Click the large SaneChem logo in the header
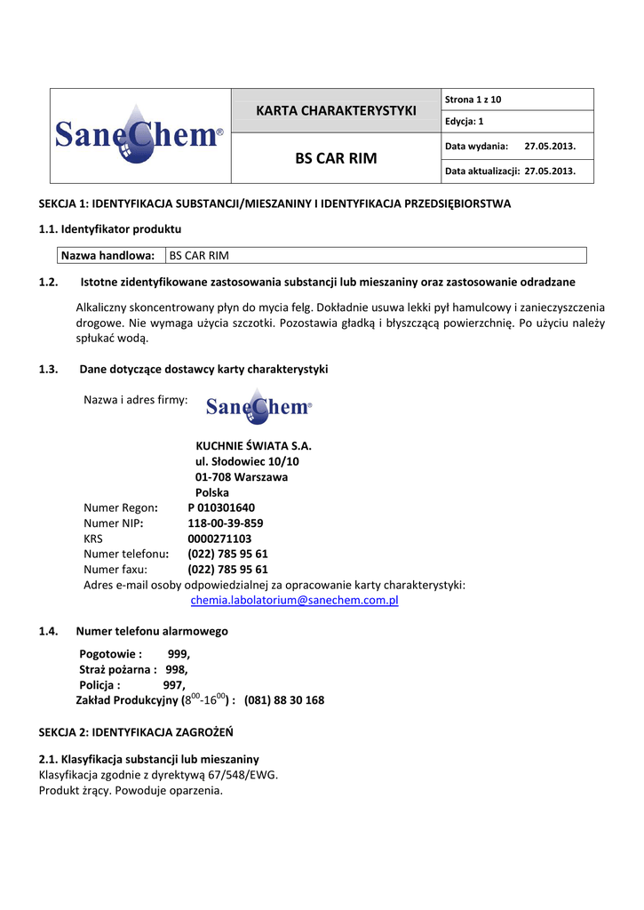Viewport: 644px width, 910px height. [139, 135]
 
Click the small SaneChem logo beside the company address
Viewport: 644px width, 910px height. [258, 407]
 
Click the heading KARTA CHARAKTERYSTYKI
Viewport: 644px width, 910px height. [336, 110]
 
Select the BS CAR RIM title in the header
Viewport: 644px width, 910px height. [336, 158]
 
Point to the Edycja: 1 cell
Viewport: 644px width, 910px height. [463, 121]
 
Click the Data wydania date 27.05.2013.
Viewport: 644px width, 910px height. [550, 145]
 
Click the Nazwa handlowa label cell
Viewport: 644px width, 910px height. [107, 256]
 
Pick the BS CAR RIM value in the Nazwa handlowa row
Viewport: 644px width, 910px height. [199, 256]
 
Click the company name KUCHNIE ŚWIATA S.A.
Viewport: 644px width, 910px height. [253, 446]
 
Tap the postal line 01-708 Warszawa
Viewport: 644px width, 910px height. [241, 477]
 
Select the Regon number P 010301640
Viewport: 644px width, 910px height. [221, 507]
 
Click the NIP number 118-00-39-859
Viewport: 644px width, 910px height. [225, 523]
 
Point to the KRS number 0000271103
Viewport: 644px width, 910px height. [219, 539]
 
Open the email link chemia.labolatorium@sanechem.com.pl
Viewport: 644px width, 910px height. [295, 601]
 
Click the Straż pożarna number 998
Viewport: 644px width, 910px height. [176, 669]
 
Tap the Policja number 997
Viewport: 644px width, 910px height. [174, 685]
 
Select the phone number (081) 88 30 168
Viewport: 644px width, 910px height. [284, 700]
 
